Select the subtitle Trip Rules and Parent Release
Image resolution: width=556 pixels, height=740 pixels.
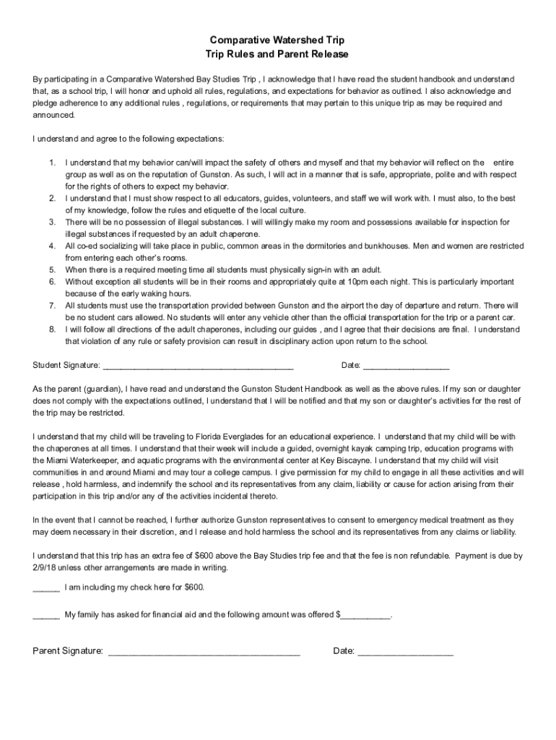coord(277,54)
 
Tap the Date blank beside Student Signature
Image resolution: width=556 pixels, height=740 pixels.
coord(406,365)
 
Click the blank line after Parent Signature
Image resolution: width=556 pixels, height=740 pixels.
coord(204,651)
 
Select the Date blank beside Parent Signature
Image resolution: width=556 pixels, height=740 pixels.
coord(405,651)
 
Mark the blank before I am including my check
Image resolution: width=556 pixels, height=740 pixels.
coord(46,588)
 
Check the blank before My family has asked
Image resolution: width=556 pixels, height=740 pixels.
coord(46,615)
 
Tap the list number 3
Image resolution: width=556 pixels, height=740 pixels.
coord(52,222)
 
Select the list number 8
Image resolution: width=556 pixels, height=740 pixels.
coord(52,330)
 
